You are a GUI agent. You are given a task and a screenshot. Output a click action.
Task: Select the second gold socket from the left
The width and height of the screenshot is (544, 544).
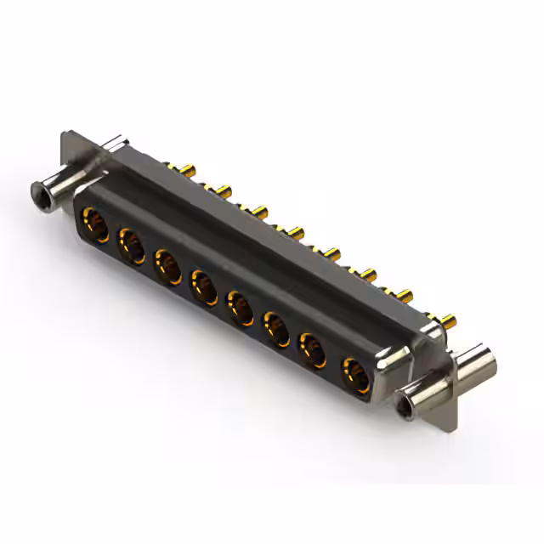130,246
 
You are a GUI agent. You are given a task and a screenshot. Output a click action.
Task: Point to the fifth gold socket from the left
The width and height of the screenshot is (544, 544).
241,304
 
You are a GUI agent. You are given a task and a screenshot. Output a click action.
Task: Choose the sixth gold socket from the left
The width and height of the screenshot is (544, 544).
277,326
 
